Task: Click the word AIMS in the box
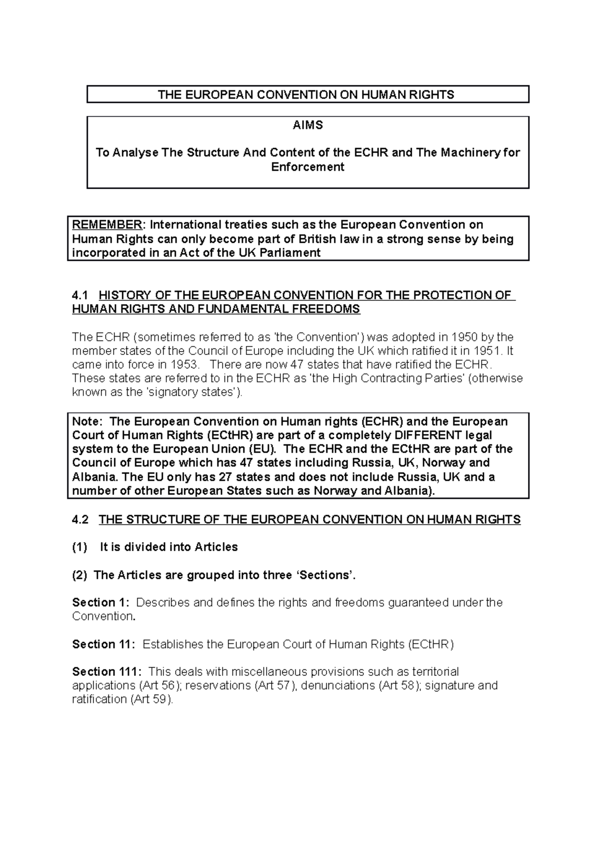pos(307,126)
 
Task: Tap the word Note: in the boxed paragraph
pos(87,421)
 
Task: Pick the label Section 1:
pos(100,603)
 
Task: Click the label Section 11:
pos(103,644)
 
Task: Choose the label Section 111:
pos(106,672)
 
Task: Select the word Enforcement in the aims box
pos(307,167)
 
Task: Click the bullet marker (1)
pos(79,547)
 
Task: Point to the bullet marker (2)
pos(79,575)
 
